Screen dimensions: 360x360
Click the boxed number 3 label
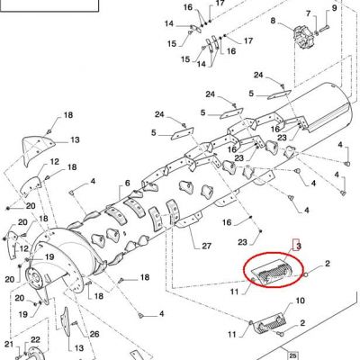[298, 246]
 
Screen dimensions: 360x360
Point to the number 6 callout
[127, 183]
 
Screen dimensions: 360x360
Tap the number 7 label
[308, 13]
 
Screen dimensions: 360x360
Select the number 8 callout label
[273, 21]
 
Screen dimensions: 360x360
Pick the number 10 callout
[301, 301]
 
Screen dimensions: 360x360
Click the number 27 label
[206, 247]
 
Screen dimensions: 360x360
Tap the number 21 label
[9, 344]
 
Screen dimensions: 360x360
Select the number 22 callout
[35, 339]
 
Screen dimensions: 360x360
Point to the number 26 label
[94, 334]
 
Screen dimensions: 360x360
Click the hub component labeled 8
[303, 38]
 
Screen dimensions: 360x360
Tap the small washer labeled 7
[317, 32]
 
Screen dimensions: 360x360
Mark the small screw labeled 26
[75, 323]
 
